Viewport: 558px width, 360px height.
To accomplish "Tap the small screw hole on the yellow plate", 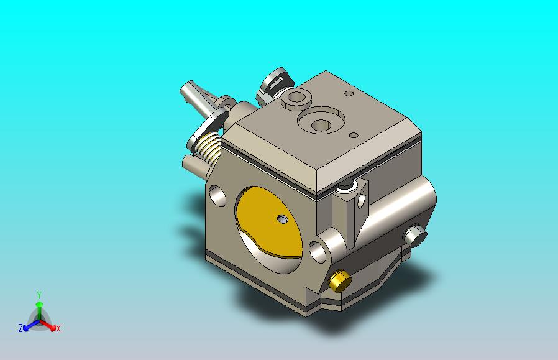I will [x=283, y=219].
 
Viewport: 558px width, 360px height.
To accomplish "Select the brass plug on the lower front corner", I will [x=339, y=281].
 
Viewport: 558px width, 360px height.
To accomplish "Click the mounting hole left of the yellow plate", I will [x=218, y=196].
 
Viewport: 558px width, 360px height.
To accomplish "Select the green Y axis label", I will [x=39, y=294].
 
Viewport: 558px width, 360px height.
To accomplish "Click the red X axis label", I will [x=58, y=328].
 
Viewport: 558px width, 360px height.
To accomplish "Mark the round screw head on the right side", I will [x=415, y=235].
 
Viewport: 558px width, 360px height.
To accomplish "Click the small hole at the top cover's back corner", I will [x=349, y=94].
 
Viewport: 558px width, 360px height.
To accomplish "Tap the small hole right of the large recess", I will [x=354, y=135].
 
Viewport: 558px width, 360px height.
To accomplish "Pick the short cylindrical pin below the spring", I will [x=191, y=164].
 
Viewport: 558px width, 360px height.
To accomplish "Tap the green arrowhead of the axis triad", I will [x=39, y=305].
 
